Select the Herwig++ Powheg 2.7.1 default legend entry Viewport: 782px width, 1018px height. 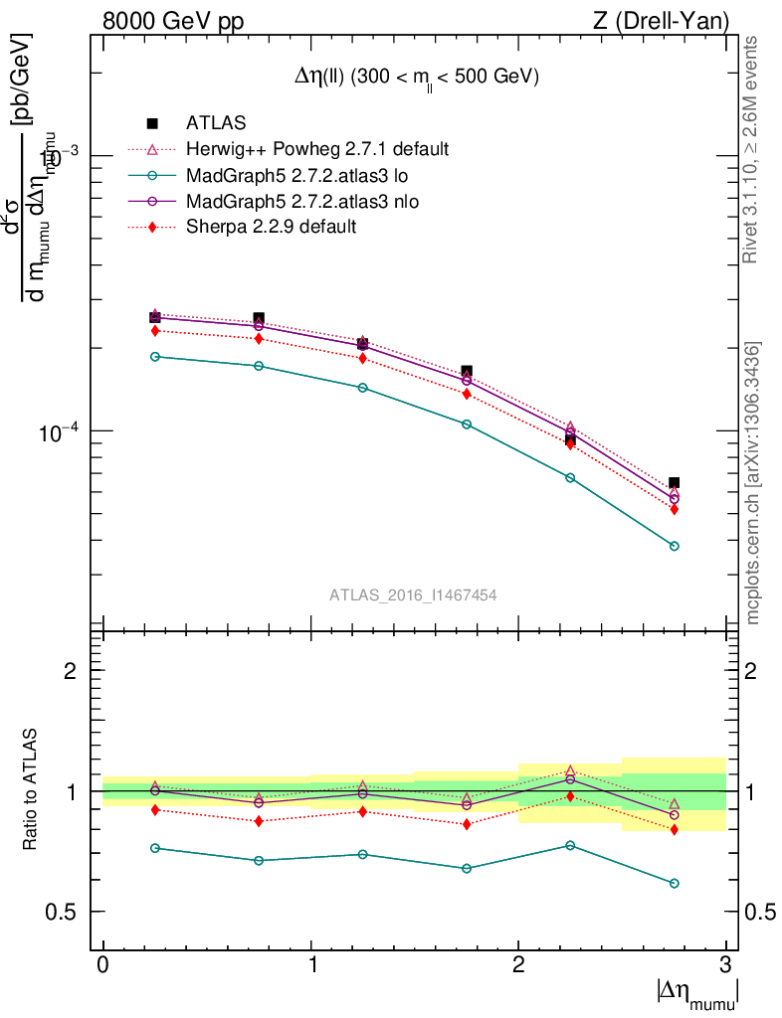pyautogui.click(x=317, y=149)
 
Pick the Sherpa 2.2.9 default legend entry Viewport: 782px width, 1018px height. pyautogui.click(x=271, y=227)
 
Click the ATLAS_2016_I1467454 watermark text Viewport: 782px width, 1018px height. pyautogui.click(x=413, y=594)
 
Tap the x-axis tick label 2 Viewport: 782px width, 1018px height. pyautogui.click(x=518, y=965)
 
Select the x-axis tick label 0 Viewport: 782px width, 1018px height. pyautogui.click(x=103, y=965)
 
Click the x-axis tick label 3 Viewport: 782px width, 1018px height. pyautogui.click(x=726, y=965)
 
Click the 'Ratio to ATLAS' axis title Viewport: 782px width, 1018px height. pyautogui.click(x=31, y=790)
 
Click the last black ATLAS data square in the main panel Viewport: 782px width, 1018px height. pyautogui.click(x=674, y=482)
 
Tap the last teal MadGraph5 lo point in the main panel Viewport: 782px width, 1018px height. pyautogui.click(x=674, y=546)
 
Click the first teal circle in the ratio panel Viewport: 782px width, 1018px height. pyautogui.click(x=155, y=848)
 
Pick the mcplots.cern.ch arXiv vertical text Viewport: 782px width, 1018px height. pyautogui.click(x=753, y=484)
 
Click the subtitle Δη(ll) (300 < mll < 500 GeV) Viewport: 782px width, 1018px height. pyautogui.click(x=408, y=77)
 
